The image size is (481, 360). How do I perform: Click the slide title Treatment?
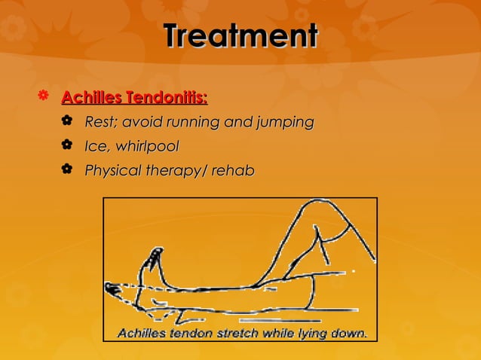pos(240,36)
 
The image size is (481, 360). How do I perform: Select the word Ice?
pos(97,146)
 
